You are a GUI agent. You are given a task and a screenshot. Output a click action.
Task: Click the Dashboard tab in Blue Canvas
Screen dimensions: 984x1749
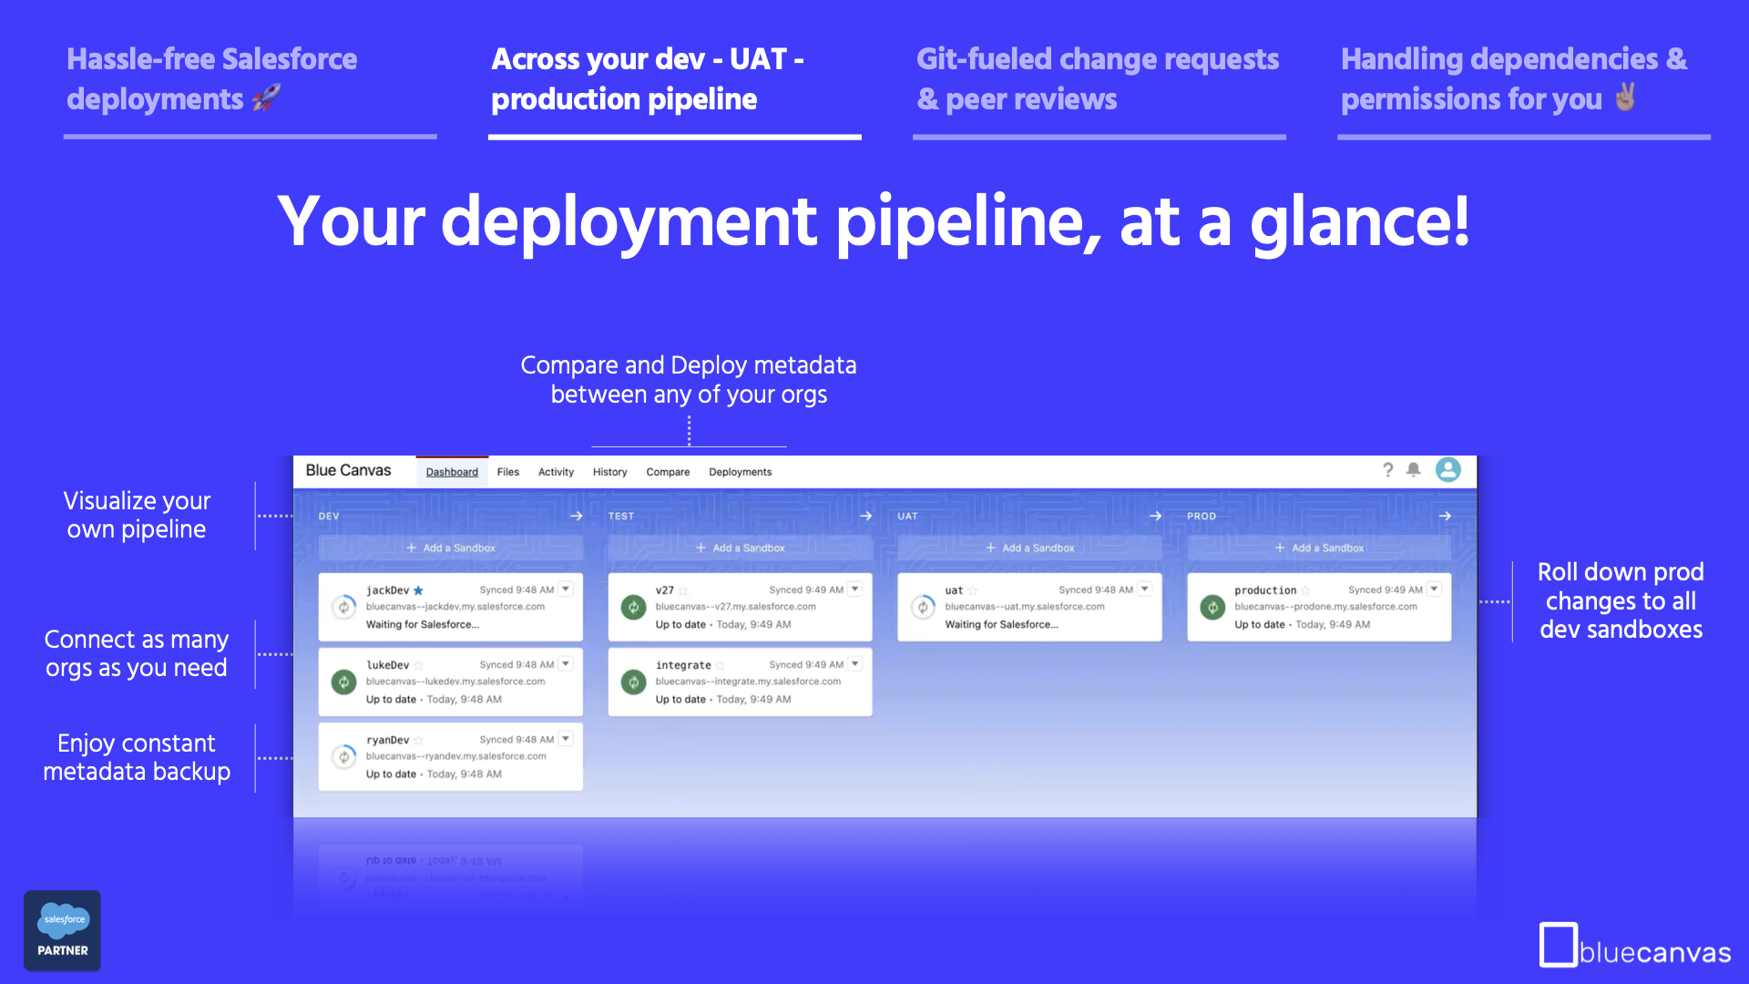coord(452,472)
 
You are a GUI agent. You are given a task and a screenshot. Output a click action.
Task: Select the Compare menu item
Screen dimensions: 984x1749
coord(668,472)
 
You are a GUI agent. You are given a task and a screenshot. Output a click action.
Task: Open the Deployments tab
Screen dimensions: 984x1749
coord(740,472)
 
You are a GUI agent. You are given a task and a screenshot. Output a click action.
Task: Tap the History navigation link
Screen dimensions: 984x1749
coord(609,472)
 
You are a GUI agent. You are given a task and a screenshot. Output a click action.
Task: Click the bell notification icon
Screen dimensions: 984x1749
coord(1413,469)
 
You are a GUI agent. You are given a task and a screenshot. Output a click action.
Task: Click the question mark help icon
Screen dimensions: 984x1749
coord(1387,469)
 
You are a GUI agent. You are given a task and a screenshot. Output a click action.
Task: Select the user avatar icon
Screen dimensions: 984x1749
coord(1447,469)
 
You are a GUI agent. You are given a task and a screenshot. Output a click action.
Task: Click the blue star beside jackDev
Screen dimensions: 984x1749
coord(418,590)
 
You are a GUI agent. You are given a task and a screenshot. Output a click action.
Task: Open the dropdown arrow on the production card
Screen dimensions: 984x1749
coord(1434,589)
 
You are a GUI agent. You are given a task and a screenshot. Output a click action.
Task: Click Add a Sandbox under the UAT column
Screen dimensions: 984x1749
coord(1029,548)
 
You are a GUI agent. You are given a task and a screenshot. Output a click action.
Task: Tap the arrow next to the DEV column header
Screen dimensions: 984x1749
coord(576,516)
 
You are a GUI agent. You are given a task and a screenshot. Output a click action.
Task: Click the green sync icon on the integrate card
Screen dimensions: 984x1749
coord(633,682)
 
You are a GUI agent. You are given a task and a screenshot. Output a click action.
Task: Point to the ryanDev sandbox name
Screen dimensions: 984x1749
coord(387,740)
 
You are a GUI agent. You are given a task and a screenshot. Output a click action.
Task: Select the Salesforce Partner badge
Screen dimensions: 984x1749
coord(62,930)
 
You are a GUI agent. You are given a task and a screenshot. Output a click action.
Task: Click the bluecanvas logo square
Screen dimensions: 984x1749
coord(1558,945)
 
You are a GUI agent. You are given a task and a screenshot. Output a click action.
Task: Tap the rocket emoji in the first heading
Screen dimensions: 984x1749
coord(266,97)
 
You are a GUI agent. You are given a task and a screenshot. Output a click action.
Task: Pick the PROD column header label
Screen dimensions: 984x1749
coord(1201,516)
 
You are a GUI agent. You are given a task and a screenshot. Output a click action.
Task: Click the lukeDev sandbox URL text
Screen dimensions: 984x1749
coord(455,682)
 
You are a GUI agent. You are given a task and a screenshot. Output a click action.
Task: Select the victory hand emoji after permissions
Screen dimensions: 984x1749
coord(1625,97)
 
